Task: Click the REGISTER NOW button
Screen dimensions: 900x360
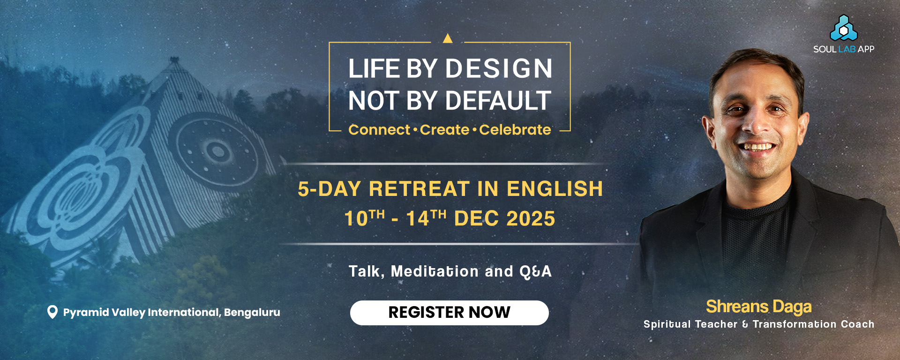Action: pos(449,313)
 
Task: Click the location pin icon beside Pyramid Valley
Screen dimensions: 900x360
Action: pos(52,312)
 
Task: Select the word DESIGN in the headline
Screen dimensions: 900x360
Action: pos(499,69)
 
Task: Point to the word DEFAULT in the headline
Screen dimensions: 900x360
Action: pos(498,101)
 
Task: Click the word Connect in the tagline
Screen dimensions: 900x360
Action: pos(379,130)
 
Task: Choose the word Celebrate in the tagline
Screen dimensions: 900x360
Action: pos(515,130)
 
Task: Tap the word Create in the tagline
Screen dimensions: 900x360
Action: pos(444,130)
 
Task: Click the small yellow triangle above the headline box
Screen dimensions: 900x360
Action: pos(448,38)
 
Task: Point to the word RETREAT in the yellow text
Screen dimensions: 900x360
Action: pos(419,189)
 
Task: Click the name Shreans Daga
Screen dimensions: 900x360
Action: pos(759,307)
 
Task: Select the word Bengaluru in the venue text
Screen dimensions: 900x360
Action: pos(252,313)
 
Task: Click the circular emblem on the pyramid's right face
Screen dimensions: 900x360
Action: pos(217,150)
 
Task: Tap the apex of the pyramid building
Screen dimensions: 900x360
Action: pos(174,59)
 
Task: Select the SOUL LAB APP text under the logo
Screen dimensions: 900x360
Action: pos(844,49)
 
